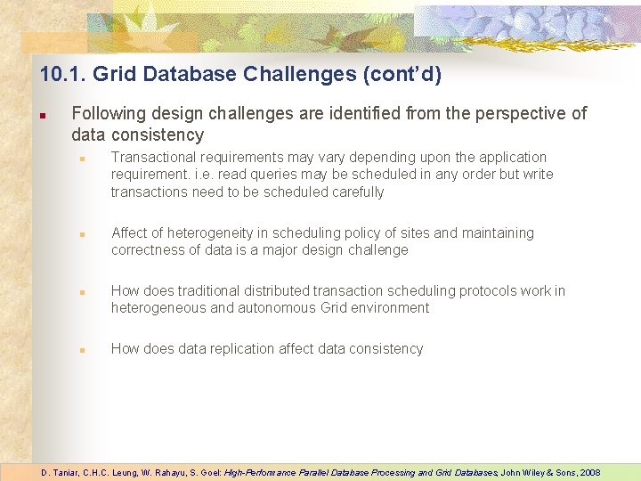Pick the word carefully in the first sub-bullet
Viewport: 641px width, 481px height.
click(x=357, y=192)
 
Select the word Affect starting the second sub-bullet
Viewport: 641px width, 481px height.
click(x=130, y=232)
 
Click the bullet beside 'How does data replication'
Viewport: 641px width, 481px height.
click(x=81, y=350)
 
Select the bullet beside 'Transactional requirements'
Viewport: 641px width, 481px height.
click(x=81, y=159)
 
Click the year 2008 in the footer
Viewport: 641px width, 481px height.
click(x=588, y=472)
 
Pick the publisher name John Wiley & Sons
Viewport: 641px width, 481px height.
click(x=538, y=472)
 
